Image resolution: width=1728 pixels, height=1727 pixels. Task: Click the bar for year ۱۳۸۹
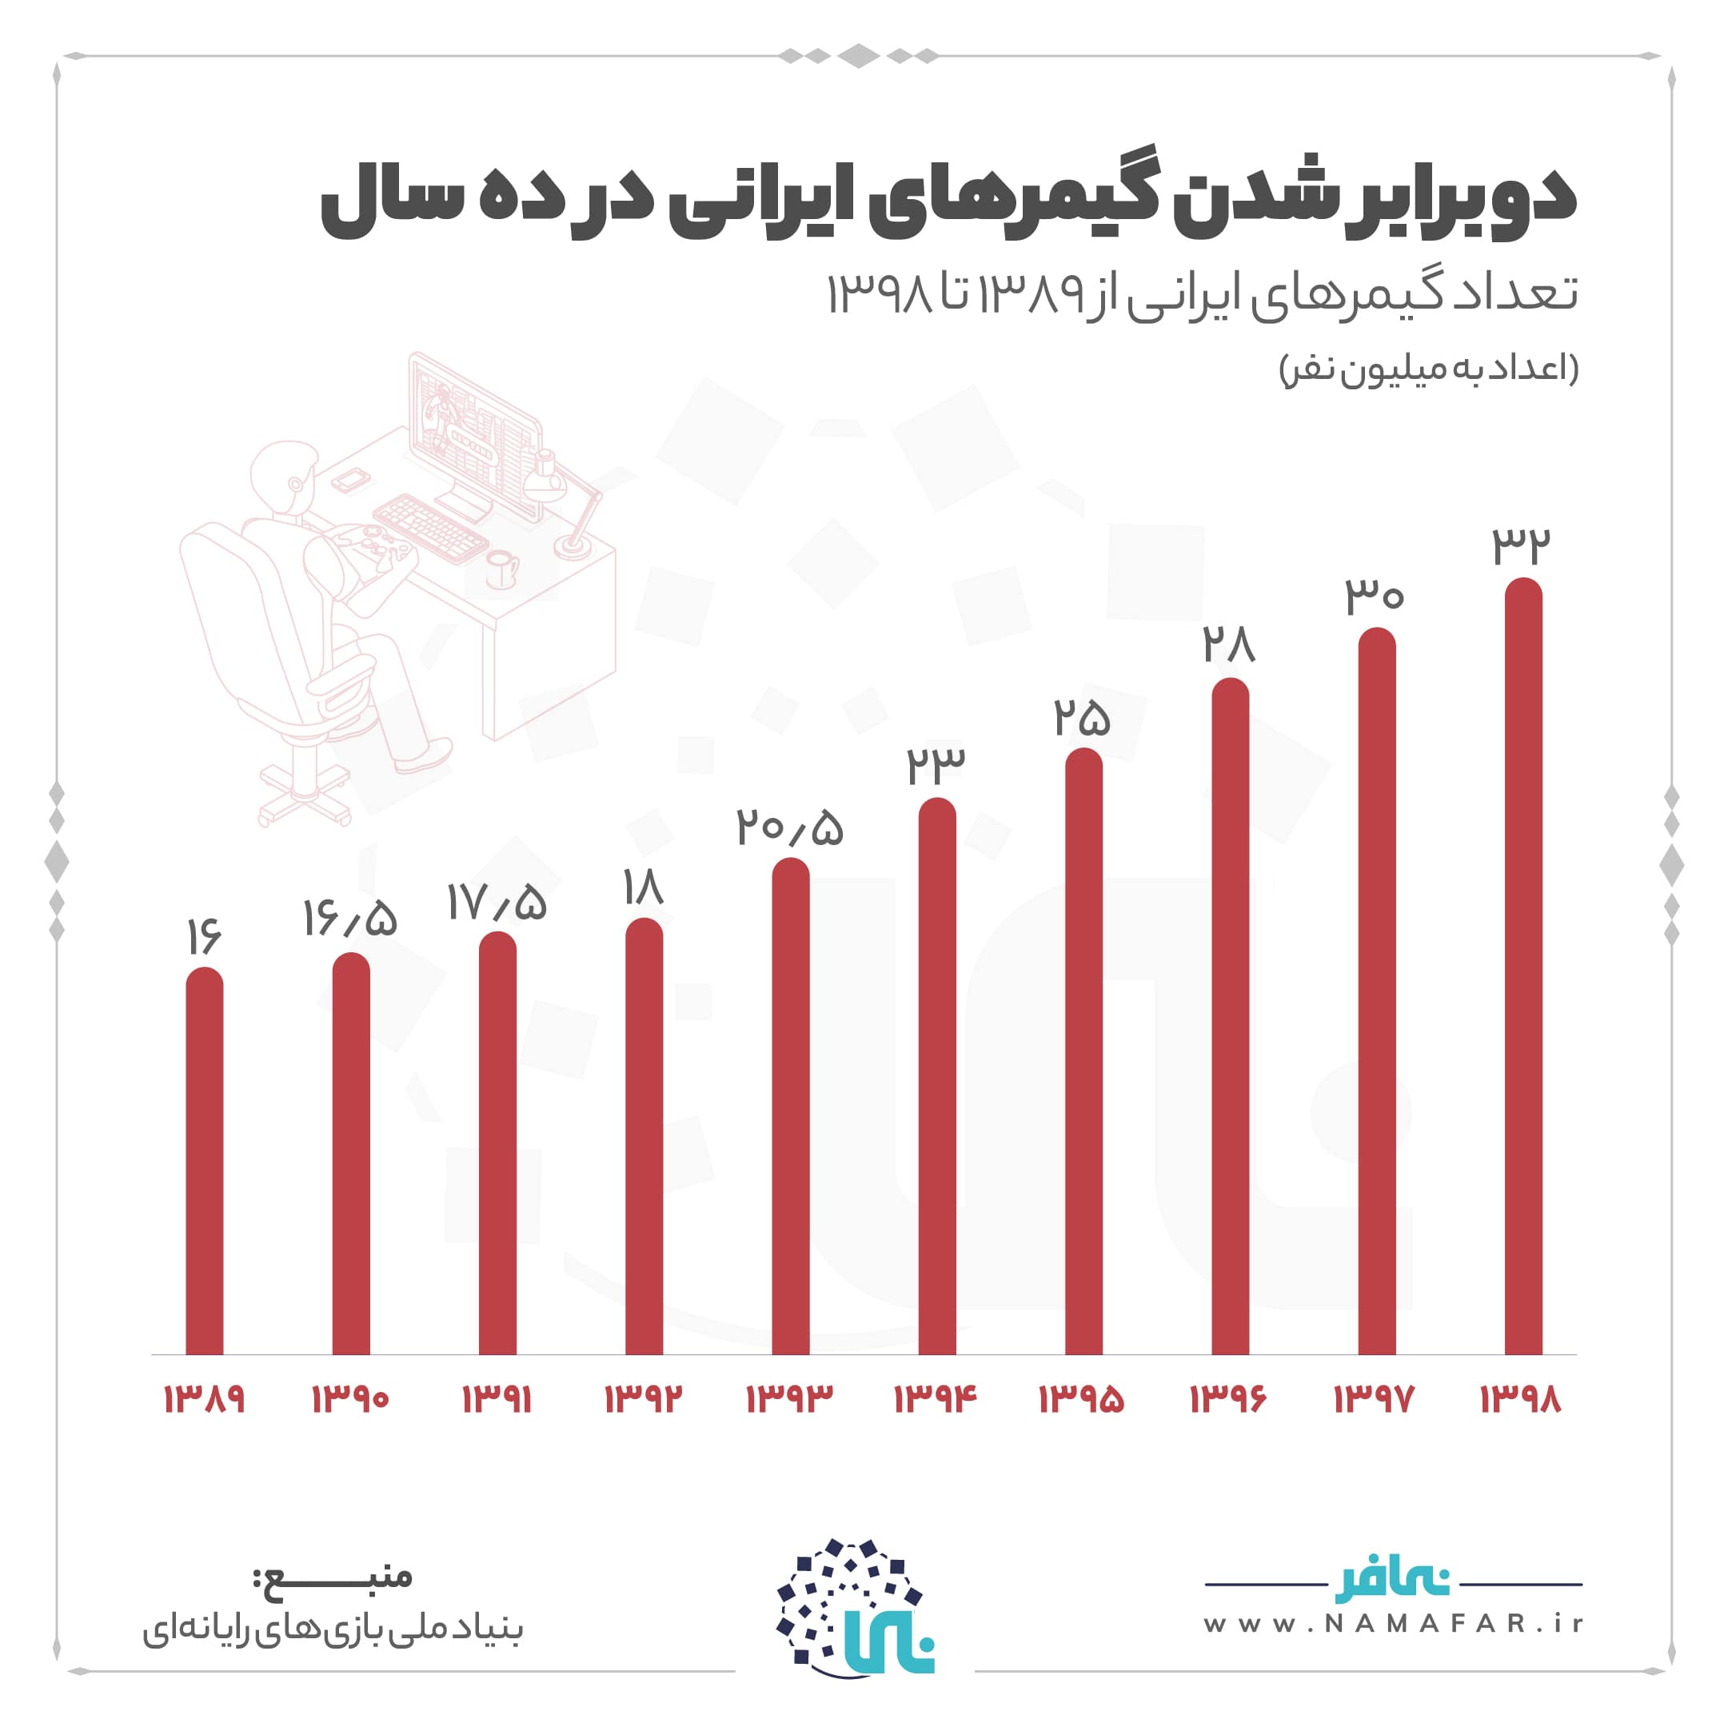point(204,1163)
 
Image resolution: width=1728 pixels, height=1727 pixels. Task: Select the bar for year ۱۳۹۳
point(790,1109)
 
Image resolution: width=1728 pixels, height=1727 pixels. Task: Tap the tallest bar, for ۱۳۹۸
point(1523,966)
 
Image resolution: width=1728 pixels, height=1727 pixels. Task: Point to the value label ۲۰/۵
point(790,828)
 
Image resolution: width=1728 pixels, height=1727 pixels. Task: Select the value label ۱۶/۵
point(349,918)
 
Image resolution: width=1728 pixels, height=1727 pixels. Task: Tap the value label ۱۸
point(643,888)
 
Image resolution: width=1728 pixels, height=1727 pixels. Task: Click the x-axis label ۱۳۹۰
point(349,1398)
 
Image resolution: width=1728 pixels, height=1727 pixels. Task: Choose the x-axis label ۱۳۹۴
point(936,1398)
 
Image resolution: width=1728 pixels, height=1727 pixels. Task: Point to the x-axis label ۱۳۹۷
point(1375,1398)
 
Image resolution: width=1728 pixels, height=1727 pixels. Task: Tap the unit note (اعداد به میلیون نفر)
point(1429,368)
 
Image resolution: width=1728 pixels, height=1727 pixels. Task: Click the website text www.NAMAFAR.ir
point(1393,1623)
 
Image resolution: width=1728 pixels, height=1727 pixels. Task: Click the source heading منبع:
point(333,1576)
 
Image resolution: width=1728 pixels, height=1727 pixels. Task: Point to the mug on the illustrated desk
point(501,568)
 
